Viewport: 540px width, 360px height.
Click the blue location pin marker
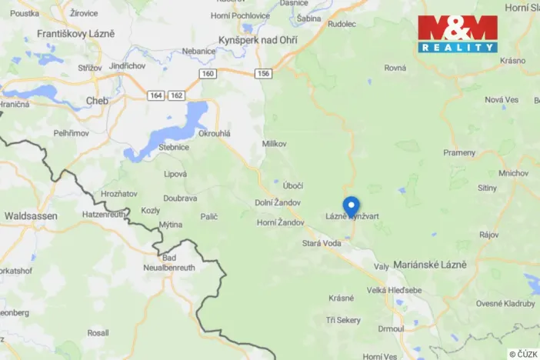click(351, 207)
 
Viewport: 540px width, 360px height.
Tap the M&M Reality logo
click(458, 34)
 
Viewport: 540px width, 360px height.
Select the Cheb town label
click(97, 101)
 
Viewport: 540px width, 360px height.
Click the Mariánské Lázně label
click(431, 265)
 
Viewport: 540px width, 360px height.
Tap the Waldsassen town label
click(31, 216)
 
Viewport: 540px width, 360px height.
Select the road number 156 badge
click(264, 74)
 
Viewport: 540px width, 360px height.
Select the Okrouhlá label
click(215, 133)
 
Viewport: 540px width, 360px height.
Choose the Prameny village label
click(459, 152)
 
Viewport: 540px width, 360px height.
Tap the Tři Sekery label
click(343, 319)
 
